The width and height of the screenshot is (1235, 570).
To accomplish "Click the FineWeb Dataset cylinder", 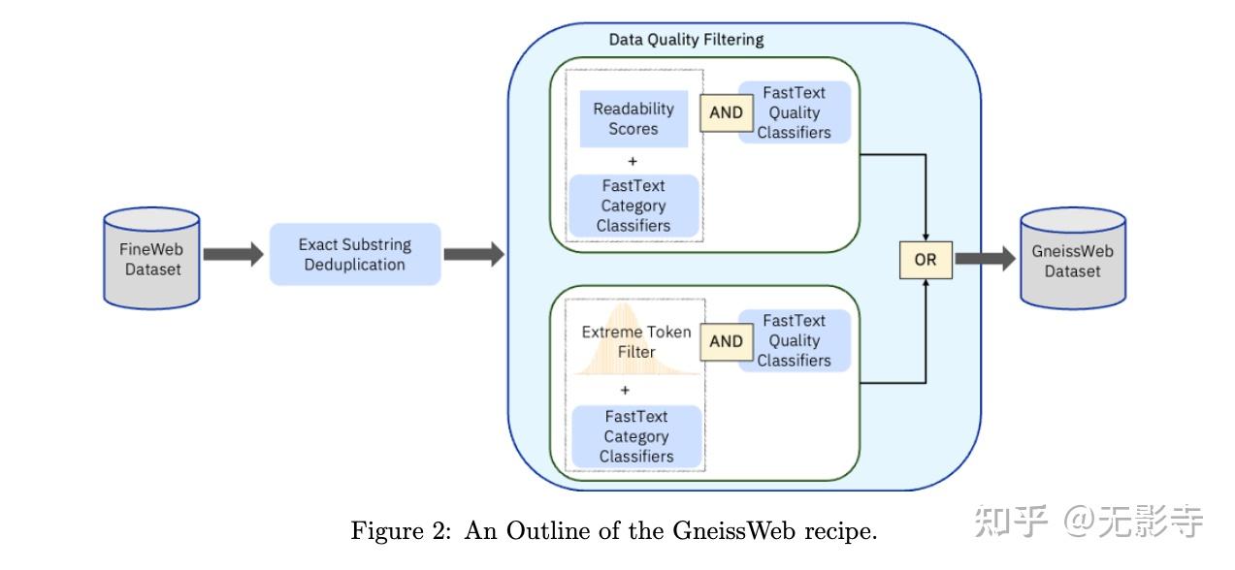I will pos(151,258).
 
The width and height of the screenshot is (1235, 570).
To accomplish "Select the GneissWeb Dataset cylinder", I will pos(1072,260).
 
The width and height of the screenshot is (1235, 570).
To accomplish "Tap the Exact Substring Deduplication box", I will pos(354,254).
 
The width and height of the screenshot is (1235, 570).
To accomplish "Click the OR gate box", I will pos(925,260).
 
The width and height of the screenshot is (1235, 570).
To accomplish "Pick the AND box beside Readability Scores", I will pos(726,112).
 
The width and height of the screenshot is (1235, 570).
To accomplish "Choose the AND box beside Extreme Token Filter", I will pos(726,341).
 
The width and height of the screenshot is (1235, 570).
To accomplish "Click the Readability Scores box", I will pos(634,119).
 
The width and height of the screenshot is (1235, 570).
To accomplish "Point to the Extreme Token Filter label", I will pos(636,341).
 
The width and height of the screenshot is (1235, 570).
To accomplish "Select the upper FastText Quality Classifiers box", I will pos(794,112).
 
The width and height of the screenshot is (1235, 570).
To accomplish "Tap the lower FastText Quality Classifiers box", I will pos(794,341).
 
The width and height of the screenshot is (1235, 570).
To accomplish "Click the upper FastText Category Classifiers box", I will pos(634,206).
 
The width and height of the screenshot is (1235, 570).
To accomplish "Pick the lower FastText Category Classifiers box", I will pos(636,436).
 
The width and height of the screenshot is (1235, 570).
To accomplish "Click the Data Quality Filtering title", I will pos(686,40).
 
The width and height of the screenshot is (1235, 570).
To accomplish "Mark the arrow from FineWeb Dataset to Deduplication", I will pos(233,255).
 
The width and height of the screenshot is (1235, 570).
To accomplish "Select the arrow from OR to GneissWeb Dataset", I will pos(984,259).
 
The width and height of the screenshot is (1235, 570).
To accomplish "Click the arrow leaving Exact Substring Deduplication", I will pos(473,255).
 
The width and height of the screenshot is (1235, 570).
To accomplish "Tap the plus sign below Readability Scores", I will pos(633,162).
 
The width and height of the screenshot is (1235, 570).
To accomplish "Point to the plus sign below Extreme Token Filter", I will pos(625,391).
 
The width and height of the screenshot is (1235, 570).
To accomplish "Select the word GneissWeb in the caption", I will pos(720,532).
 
